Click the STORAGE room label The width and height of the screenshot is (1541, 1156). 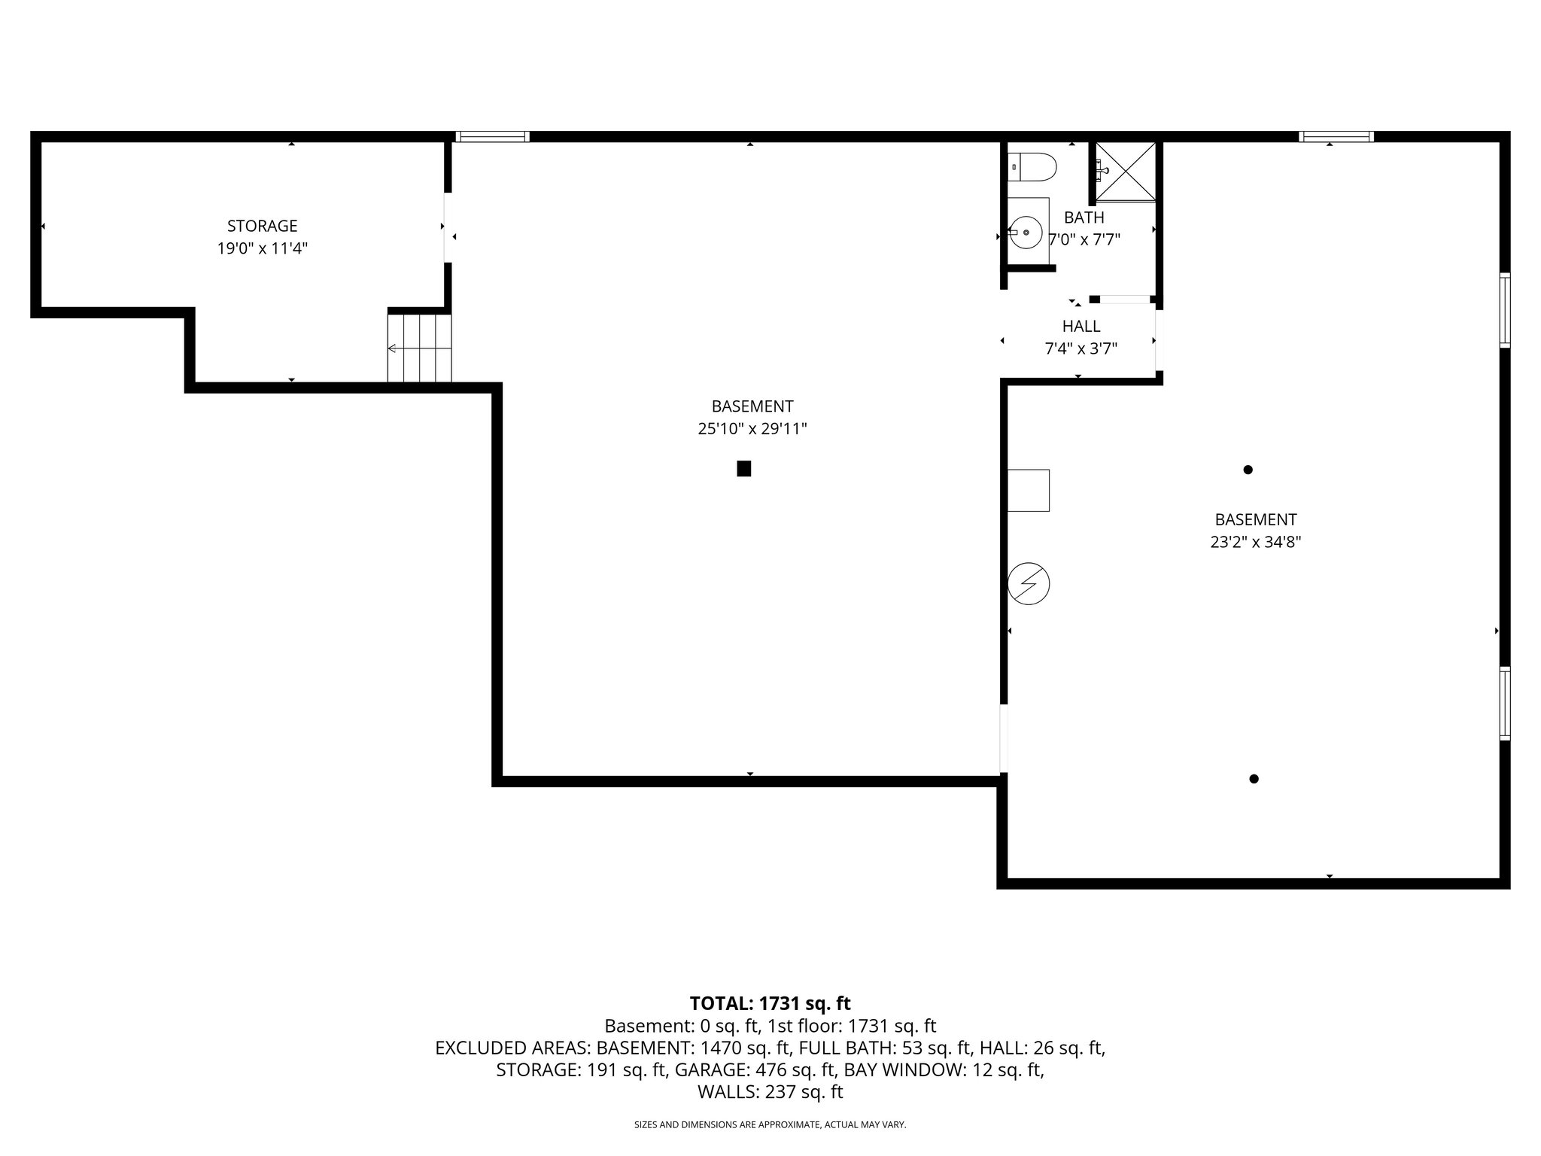pos(262,226)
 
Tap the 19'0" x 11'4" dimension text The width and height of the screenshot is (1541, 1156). pos(262,248)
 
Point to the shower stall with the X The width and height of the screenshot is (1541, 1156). pos(1125,172)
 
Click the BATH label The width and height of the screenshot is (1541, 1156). pos(1084,218)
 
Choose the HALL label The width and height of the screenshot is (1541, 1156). pos(1081,326)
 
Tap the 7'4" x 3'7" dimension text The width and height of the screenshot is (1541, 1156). pos(1081,348)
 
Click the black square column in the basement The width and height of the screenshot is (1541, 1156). pos(743,469)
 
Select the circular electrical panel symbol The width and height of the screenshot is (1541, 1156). pos(1028,584)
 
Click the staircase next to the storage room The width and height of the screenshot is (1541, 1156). pos(419,348)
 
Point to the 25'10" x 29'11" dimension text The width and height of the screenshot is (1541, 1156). pos(752,429)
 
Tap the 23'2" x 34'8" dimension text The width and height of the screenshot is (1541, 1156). pos(1255,542)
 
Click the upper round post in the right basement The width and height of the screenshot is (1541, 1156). pos(1248,470)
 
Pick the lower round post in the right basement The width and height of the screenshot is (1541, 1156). pos(1254,779)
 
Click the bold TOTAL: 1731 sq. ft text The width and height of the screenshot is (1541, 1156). pos(770,1003)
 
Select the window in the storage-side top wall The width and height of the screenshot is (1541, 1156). pos(492,136)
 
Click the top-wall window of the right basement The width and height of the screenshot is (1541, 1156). pos(1336,136)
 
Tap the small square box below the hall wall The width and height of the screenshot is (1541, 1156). pos(1028,490)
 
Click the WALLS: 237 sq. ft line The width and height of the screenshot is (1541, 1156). pos(770,1092)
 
